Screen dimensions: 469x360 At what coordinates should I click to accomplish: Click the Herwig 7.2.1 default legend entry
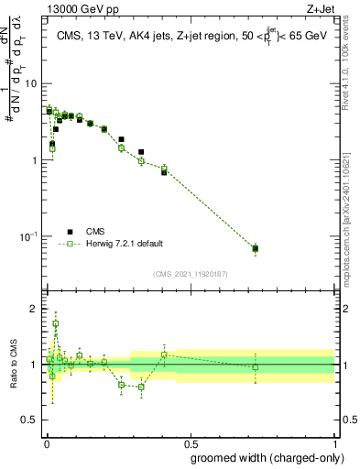click(124, 244)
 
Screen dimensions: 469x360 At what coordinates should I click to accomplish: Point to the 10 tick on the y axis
click(31, 83)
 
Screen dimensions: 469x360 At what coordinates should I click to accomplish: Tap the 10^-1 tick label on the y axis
click(28, 236)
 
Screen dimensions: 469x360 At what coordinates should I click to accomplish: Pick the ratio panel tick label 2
click(36, 309)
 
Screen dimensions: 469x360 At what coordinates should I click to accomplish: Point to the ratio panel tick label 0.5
click(30, 419)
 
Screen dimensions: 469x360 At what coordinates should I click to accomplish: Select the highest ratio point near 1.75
click(56, 323)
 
